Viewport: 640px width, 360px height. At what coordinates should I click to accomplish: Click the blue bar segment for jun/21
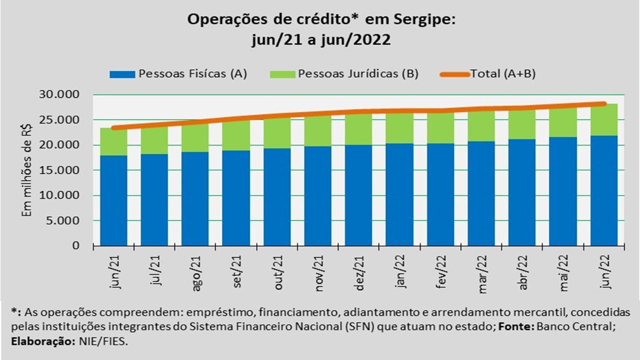tap(113, 200)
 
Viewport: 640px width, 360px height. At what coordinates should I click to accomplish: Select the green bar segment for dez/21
tap(358, 129)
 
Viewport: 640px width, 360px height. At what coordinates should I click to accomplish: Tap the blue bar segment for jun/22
tap(604, 190)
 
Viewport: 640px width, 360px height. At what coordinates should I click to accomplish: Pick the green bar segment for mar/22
tap(481, 125)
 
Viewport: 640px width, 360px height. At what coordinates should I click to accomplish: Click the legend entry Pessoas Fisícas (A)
tap(193, 74)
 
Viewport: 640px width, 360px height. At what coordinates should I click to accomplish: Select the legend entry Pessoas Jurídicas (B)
tap(358, 74)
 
